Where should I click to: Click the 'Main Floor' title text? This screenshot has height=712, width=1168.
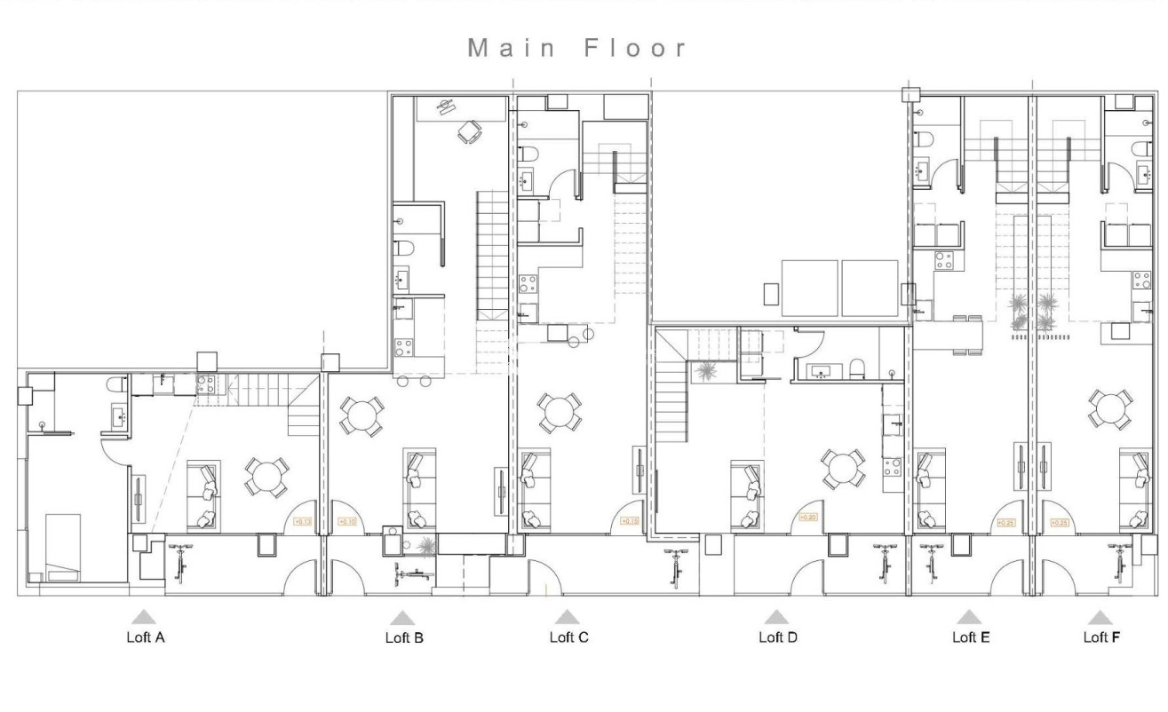[578, 48]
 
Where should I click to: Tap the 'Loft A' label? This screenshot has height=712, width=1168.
[145, 637]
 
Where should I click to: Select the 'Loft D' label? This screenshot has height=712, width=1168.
[777, 637]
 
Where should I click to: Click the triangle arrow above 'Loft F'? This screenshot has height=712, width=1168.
[1100, 617]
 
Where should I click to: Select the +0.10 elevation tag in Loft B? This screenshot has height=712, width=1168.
[346, 522]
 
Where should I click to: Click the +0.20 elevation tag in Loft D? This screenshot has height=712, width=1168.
[807, 518]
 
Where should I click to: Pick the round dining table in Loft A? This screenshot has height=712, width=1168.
[266, 477]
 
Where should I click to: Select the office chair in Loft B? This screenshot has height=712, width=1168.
[468, 132]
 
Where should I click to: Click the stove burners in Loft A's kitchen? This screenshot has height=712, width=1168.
[206, 384]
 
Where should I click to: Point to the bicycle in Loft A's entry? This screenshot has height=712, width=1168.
[182, 561]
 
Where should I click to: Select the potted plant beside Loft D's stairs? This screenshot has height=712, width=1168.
[708, 372]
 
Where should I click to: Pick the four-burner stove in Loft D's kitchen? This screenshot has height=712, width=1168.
[893, 467]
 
